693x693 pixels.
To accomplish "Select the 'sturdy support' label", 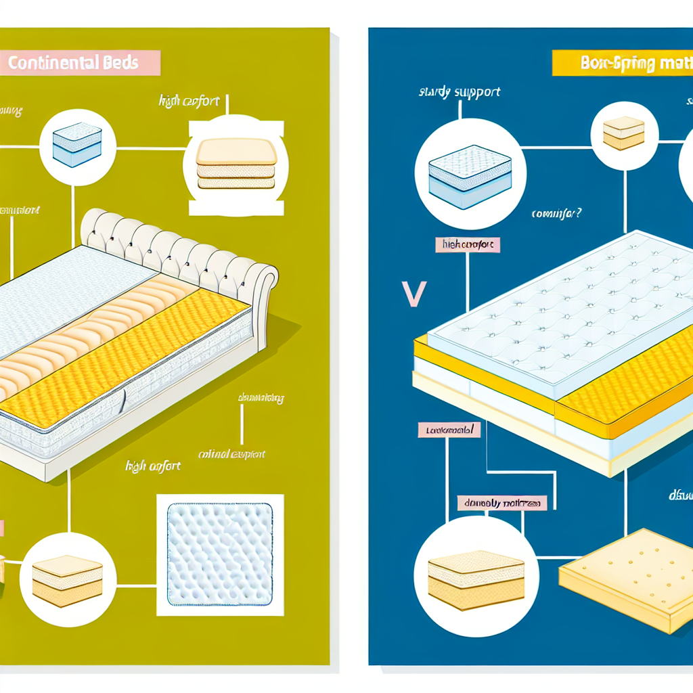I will tap(460, 92).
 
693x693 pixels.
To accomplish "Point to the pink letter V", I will tap(413, 293).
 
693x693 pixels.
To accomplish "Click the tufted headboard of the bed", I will tap(176, 244).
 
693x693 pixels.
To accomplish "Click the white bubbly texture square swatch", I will tap(220, 554).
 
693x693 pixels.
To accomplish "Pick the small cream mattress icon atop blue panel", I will tap(623, 133).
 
